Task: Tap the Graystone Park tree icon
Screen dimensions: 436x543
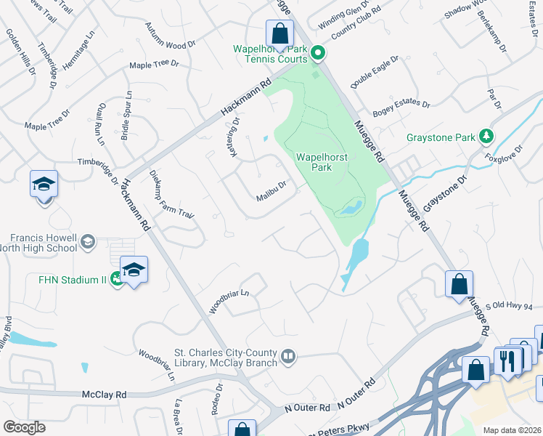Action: click(486, 136)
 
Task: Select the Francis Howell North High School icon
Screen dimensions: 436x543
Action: click(87, 242)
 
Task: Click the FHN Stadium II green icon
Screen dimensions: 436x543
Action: click(116, 280)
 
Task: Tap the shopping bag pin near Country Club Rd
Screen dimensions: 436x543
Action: click(279, 33)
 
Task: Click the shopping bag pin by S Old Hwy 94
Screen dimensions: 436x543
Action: click(459, 284)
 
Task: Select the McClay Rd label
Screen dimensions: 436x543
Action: click(105, 395)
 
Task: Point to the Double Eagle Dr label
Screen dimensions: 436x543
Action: click(375, 73)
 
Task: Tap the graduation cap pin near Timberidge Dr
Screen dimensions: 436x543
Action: click(44, 185)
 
